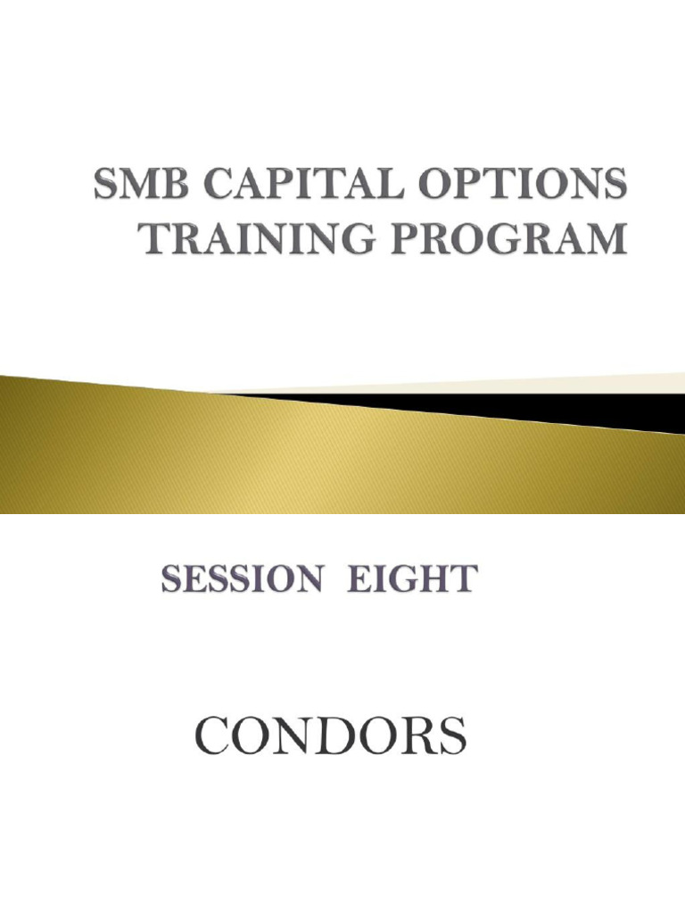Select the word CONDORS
click(330, 737)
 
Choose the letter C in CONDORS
click(211, 737)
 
